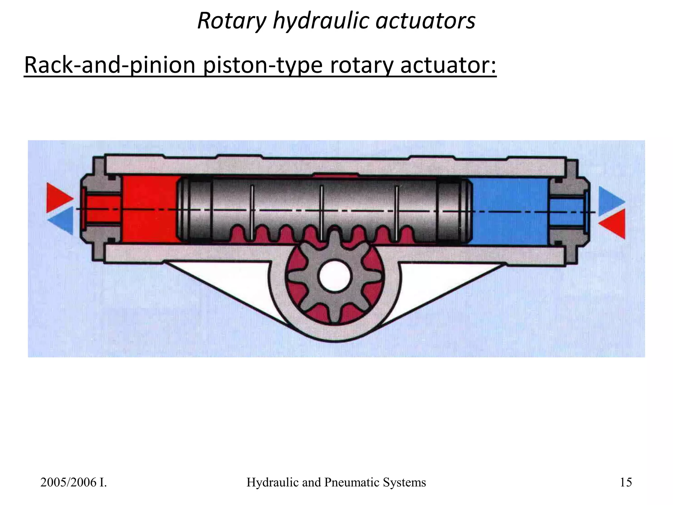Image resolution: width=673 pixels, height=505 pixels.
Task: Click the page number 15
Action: (626, 482)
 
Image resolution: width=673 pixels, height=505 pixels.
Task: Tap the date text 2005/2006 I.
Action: (74, 482)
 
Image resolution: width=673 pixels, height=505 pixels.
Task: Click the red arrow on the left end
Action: (58, 198)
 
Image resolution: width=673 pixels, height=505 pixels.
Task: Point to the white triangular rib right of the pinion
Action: (444, 283)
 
